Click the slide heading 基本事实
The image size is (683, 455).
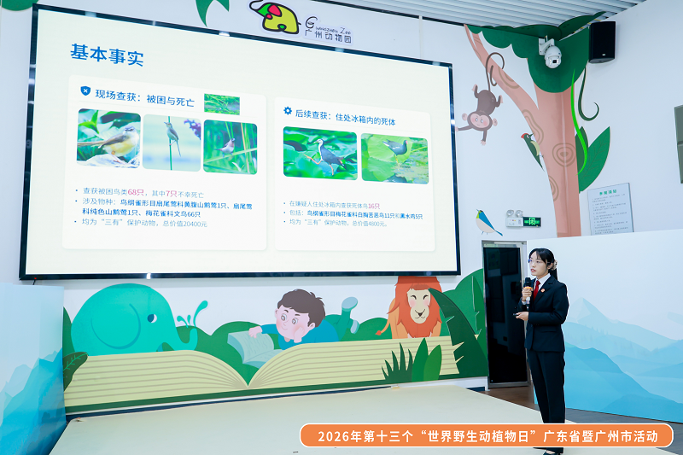(107, 55)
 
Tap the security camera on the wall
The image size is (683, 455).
(551, 54)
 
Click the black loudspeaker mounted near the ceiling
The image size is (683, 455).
(601, 41)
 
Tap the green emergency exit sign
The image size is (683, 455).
(531, 221)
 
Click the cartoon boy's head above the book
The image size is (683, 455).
(300, 309)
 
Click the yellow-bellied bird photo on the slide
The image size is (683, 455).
(108, 137)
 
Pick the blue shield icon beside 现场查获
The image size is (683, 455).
(85, 91)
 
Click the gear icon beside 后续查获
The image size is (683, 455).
(288, 111)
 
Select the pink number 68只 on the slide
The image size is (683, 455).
(135, 192)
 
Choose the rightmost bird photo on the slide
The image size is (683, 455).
(394, 158)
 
